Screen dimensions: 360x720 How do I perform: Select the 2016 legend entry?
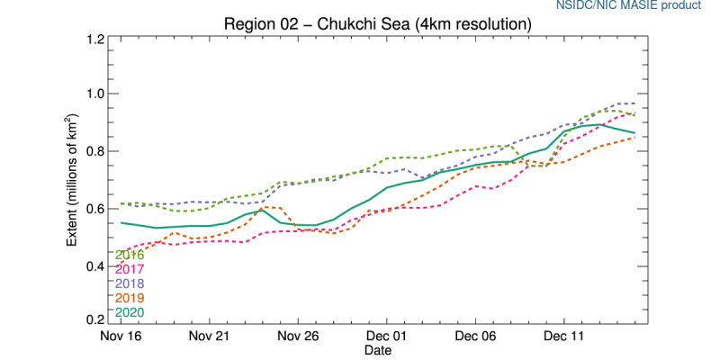(x=130, y=255)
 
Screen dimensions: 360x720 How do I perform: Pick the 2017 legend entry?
(x=130, y=269)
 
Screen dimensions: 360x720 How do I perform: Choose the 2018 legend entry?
(x=130, y=283)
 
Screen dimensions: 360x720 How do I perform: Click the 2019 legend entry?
(x=130, y=298)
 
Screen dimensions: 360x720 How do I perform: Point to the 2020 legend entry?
(x=130, y=312)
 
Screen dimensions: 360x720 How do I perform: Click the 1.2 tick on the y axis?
(x=95, y=40)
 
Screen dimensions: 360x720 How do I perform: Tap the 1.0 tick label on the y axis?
(x=95, y=94)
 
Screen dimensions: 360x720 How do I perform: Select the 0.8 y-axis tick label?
(x=95, y=151)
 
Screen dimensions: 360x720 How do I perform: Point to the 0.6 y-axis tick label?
(x=95, y=209)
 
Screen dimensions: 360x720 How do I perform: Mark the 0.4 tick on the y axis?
(x=95, y=265)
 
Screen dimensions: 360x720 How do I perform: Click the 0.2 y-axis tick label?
(x=95, y=320)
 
